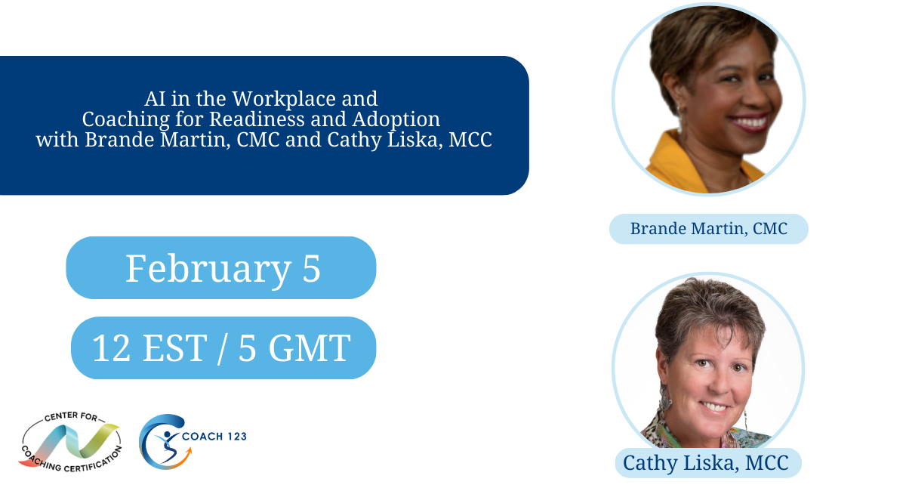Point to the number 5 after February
point(312,268)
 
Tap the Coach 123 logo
point(163,441)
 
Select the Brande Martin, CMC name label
point(708,229)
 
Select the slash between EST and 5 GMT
point(223,347)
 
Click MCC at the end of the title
point(470,141)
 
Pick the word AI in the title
point(154,98)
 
